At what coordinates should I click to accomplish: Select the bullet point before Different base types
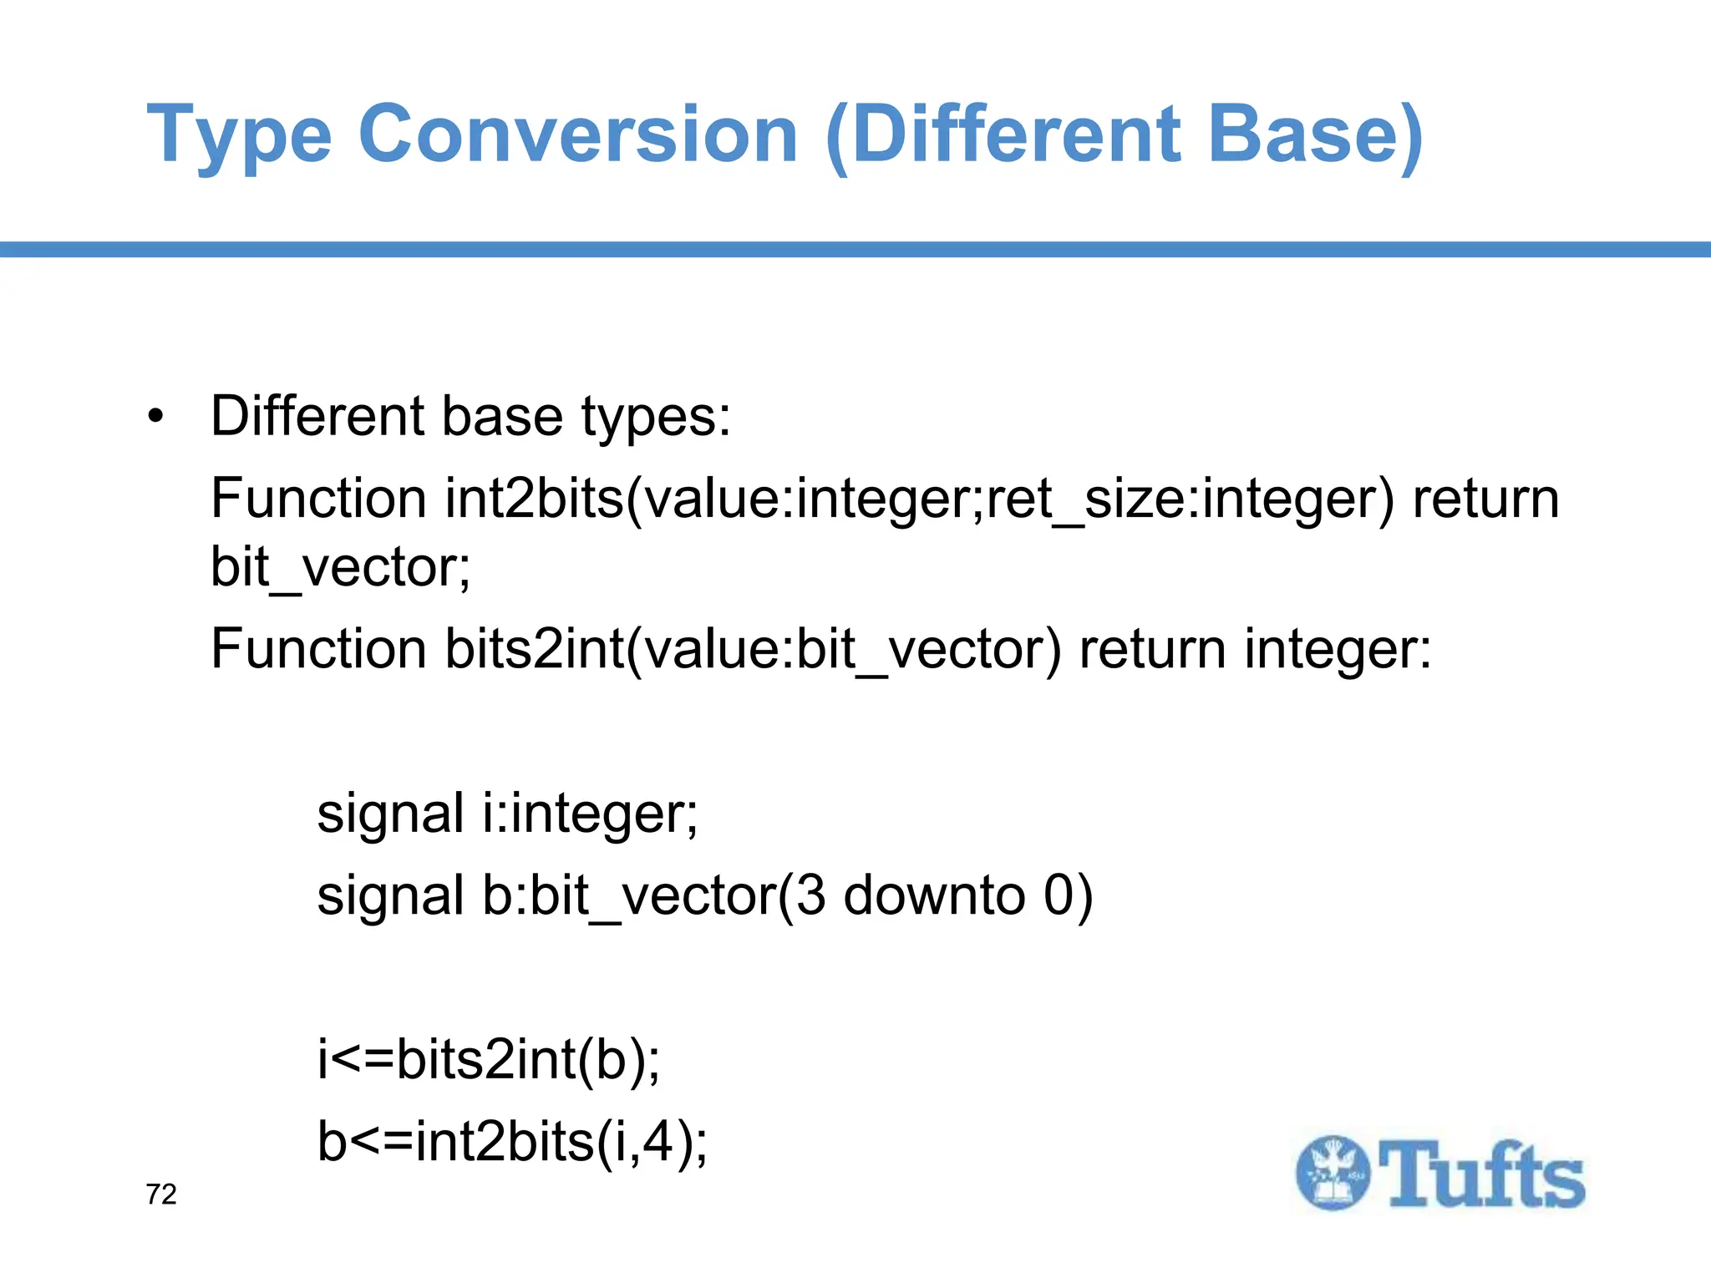point(155,417)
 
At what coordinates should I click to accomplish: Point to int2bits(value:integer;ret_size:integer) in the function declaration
point(919,500)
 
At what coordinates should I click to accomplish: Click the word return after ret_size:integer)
point(1485,500)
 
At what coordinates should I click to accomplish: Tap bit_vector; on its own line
point(341,568)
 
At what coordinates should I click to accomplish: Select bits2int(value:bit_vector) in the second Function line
point(752,650)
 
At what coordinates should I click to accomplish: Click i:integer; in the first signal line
point(590,814)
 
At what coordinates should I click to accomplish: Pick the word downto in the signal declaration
point(934,895)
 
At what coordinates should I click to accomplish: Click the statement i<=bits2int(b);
point(489,1059)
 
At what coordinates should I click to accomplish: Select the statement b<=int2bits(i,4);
point(512,1142)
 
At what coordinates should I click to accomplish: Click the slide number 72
point(161,1194)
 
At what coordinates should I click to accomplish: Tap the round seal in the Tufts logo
point(1333,1173)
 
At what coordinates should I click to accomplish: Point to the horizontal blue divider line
point(855,249)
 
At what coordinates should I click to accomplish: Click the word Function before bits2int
point(318,650)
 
